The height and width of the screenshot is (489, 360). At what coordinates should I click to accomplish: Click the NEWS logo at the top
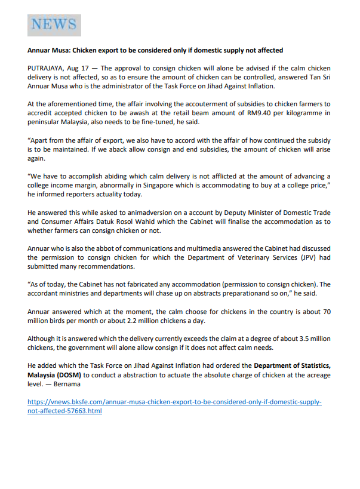(54, 25)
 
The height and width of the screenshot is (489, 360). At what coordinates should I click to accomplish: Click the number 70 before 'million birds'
(326, 312)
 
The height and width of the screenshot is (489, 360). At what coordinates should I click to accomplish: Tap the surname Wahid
(146, 222)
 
